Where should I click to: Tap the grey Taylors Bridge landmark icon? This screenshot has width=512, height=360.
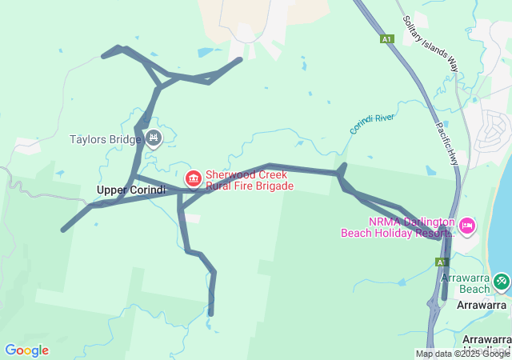[x=154, y=139]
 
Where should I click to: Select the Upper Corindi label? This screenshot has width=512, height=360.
[x=130, y=190]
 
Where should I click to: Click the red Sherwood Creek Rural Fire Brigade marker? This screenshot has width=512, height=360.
[x=193, y=178]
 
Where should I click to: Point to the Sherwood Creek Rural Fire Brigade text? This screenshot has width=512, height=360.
[x=250, y=180]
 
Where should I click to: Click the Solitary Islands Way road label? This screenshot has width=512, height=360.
[x=430, y=43]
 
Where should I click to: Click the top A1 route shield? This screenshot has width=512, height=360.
[x=387, y=38]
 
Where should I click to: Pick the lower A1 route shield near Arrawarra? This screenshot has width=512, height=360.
[x=442, y=262]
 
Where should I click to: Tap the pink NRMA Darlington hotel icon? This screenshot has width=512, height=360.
[x=466, y=225]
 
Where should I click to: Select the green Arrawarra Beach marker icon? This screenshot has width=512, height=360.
[x=502, y=281]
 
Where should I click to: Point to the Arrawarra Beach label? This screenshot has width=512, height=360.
[x=464, y=283]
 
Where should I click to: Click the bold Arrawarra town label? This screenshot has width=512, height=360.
[x=482, y=305]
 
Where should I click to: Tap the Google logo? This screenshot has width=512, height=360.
[x=26, y=350]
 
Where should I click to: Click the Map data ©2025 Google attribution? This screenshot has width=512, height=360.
[x=462, y=354]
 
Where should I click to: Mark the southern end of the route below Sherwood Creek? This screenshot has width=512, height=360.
[x=211, y=314]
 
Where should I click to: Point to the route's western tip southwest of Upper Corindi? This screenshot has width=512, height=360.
[x=63, y=230]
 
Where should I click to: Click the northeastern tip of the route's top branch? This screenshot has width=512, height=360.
[x=240, y=58]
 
